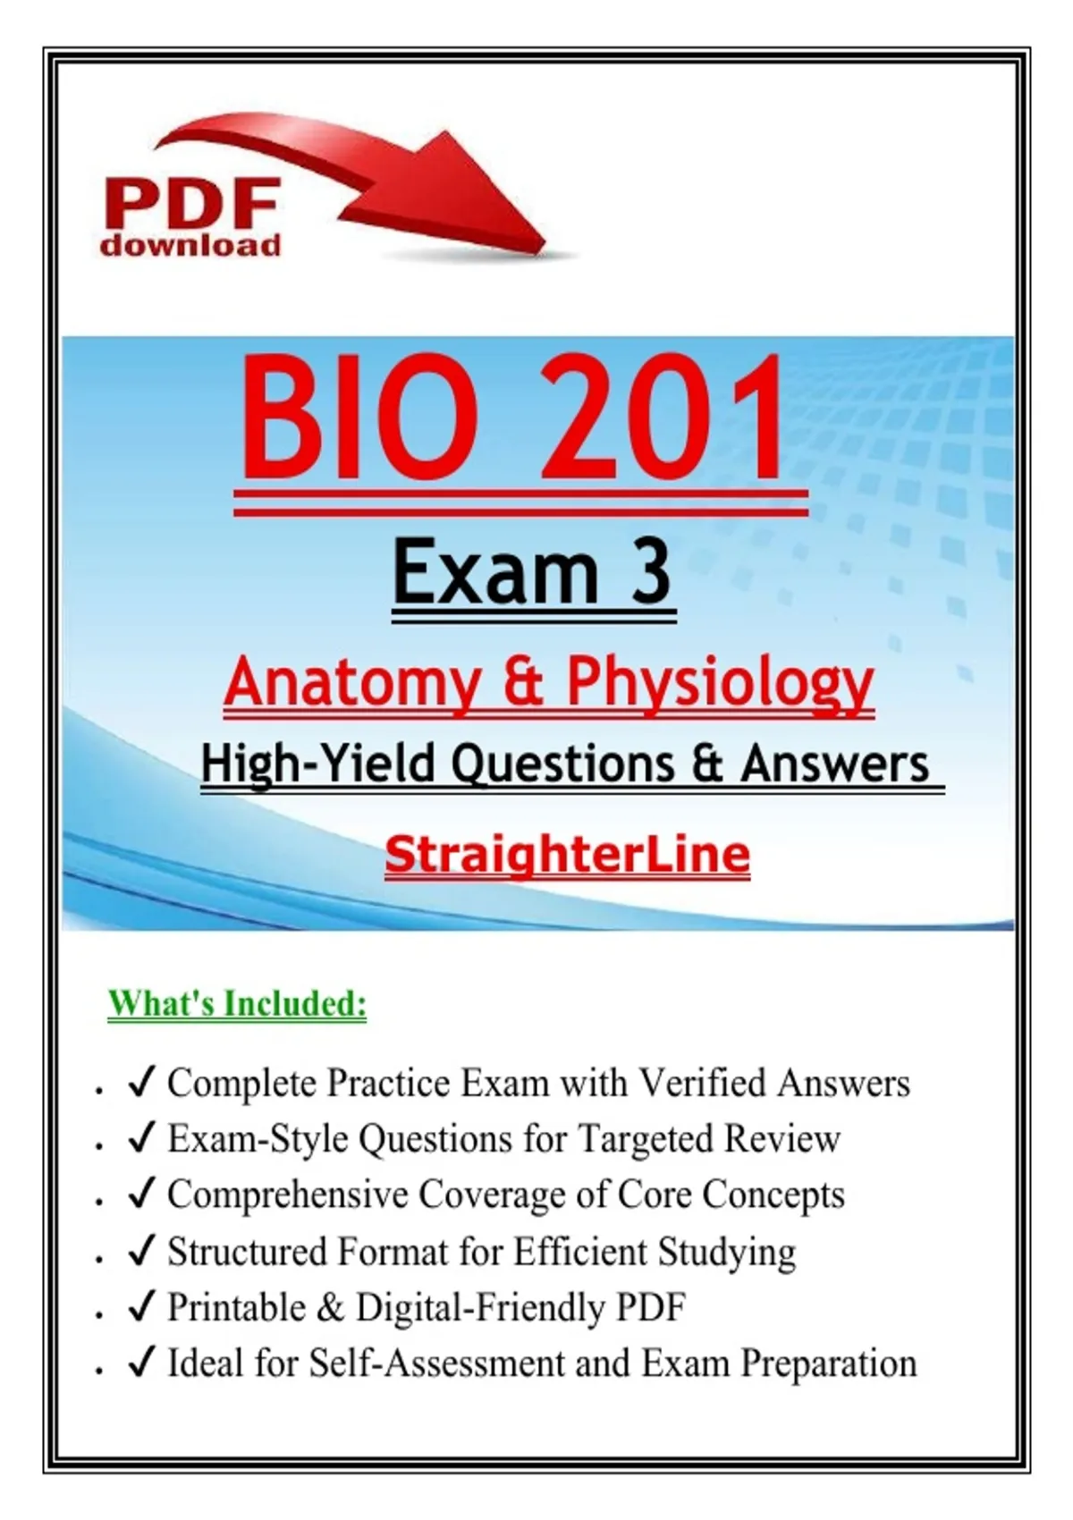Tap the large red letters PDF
pyautogui.click(x=190, y=204)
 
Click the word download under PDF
pyautogui.click(x=190, y=244)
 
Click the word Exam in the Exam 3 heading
pyautogui.click(x=495, y=570)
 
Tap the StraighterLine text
pyautogui.click(x=567, y=854)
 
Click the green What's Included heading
pyautogui.click(x=237, y=1003)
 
